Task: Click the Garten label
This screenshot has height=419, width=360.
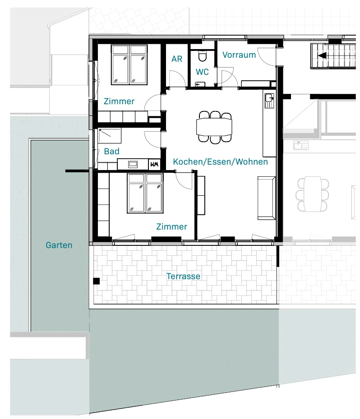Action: pos(59,245)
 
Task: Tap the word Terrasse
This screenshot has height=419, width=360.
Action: pos(183,276)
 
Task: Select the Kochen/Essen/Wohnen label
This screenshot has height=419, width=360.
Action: pos(221,161)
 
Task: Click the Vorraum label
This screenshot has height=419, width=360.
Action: pos(239,55)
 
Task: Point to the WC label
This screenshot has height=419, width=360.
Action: pos(202,72)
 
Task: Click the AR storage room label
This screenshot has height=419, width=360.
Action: pos(177,59)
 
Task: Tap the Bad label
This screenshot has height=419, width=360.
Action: pos(112,151)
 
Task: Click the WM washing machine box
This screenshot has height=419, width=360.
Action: pos(154,164)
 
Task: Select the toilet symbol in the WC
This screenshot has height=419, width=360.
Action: pos(202,56)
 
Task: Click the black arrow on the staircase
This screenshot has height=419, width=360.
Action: pos(322,55)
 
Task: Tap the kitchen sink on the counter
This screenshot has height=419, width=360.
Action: pos(269,101)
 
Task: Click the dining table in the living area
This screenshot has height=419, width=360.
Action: pos(214,127)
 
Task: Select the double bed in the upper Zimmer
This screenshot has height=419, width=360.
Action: pos(129,64)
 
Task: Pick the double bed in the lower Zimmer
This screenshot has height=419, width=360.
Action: pos(145,193)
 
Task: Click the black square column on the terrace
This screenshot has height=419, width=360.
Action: pos(96,281)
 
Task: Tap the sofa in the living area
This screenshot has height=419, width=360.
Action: pos(267,198)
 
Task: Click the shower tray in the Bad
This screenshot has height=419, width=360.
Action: pos(110,135)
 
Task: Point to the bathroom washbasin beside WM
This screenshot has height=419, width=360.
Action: pos(133,164)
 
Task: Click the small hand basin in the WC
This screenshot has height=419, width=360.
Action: pos(200,84)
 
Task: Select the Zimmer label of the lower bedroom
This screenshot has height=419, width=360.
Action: pos(171,226)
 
